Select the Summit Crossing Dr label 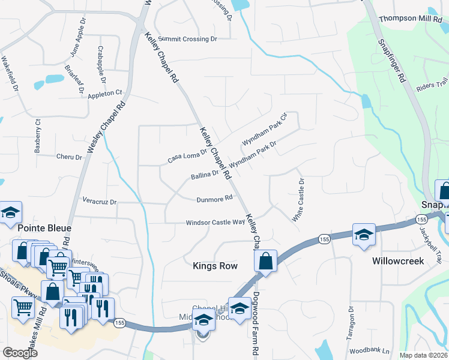[187, 39]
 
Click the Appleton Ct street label [105, 94]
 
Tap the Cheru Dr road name [69, 157]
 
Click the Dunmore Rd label [214, 199]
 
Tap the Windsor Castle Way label [215, 222]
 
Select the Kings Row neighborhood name [215, 265]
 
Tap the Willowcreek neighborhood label [398, 261]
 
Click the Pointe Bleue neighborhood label [44, 228]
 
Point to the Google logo [19, 352]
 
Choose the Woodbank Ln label [369, 350]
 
